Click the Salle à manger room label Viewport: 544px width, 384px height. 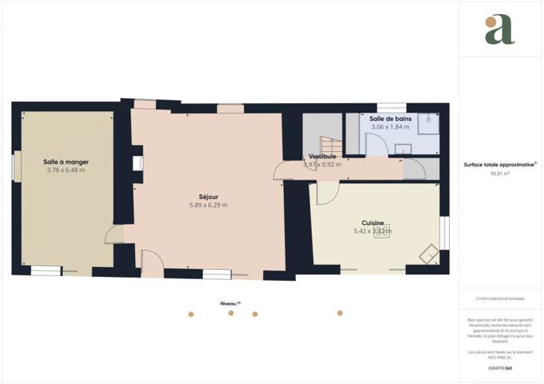tap(66, 162)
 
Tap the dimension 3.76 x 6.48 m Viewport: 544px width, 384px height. tap(66, 170)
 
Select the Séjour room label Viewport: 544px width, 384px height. tap(208, 197)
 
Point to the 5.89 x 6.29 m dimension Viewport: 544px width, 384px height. tap(208, 206)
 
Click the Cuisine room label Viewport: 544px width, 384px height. tap(373, 223)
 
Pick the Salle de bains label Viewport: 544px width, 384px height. tap(390, 119)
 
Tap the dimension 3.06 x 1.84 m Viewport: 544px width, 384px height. tap(390, 127)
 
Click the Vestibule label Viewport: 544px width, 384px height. tap(322, 157)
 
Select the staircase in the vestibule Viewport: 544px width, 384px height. tap(330, 144)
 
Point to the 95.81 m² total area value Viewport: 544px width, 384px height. tap(500, 174)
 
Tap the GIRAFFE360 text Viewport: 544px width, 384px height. tap(500, 369)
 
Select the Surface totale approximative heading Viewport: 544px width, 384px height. tap(500, 164)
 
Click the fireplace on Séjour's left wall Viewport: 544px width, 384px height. tap(137, 163)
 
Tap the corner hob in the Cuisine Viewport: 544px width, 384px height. tap(428, 254)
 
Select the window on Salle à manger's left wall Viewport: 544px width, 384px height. tap(15, 166)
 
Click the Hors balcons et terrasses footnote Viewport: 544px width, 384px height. tap(500, 298)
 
